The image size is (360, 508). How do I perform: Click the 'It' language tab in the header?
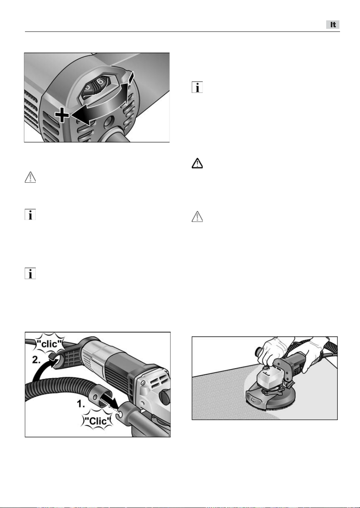click(333, 25)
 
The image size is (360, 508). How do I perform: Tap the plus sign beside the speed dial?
click(62, 115)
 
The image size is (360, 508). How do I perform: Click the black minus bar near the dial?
click(131, 77)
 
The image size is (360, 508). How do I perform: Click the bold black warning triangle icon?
click(197, 163)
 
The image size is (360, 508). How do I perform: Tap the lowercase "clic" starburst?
click(49, 344)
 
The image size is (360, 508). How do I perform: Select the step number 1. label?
click(81, 404)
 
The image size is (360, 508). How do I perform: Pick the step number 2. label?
click(36, 360)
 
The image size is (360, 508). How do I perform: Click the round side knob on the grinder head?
click(165, 397)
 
